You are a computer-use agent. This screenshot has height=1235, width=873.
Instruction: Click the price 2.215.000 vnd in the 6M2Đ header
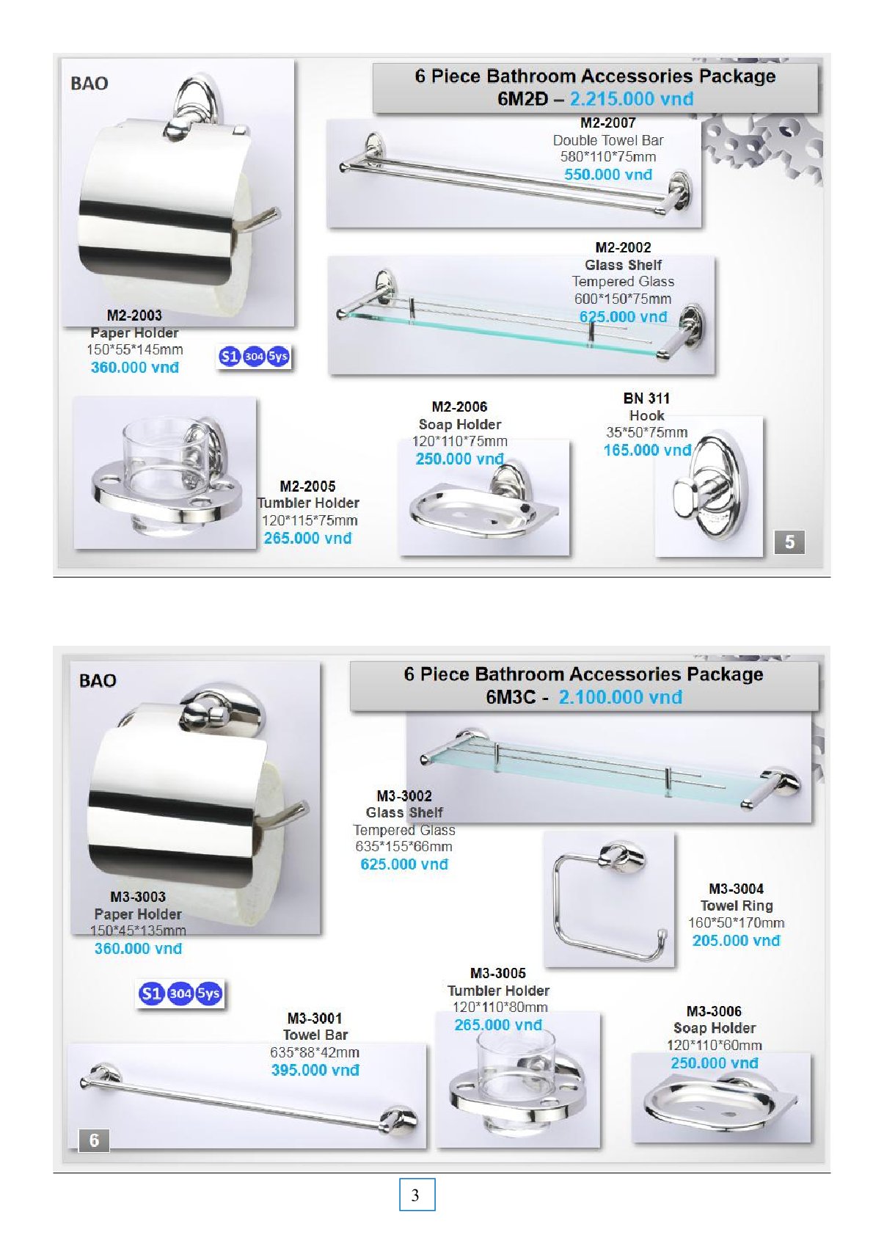tap(632, 99)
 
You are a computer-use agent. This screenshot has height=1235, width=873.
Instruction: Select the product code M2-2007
tap(608, 123)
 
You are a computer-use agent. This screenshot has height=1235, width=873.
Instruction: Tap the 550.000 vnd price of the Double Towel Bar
tap(608, 175)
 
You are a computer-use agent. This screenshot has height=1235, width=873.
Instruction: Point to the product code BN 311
tap(646, 398)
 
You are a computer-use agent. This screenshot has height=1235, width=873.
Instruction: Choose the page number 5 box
tap(789, 542)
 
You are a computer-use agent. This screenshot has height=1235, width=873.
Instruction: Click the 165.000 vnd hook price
tap(647, 451)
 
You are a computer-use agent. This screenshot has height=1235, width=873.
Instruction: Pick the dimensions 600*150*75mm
tap(623, 299)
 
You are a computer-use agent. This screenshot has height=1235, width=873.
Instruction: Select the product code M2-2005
tap(307, 487)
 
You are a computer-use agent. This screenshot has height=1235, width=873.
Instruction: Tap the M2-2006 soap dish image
tap(484, 498)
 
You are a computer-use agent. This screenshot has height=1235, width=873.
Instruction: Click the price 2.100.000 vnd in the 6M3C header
tap(621, 697)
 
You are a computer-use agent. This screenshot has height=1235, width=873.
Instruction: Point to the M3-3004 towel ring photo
tap(609, 899)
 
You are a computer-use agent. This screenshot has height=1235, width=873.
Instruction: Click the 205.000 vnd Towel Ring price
tap(737, 941)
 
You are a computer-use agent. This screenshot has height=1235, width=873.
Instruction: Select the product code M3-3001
tap(315, 1019)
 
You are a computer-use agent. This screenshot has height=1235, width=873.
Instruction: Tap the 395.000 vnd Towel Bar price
tap(315, 1070)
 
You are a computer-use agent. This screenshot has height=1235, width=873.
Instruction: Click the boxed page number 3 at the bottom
tap(417, 1195)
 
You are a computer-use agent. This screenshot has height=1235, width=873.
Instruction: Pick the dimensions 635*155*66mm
tap(404, 846)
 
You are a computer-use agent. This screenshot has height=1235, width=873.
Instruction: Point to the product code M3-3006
tap(714, 1011)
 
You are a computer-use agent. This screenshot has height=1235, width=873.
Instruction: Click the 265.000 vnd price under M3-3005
tap(498, 1025)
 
